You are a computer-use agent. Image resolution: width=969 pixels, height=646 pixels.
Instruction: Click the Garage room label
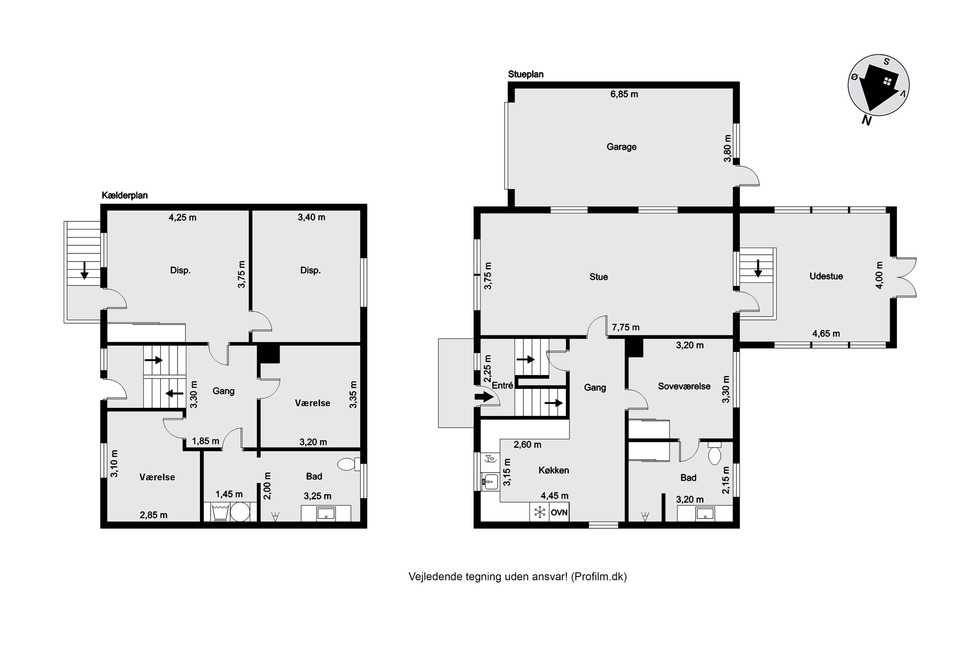621,147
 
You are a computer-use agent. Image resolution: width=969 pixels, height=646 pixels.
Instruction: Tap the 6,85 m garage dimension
624,94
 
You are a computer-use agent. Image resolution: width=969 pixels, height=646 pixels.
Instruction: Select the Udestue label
826,276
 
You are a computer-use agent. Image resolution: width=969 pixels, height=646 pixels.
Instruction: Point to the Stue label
599,277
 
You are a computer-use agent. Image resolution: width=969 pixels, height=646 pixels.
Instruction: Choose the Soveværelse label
684,386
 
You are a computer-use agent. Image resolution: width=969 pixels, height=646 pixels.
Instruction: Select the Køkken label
554,470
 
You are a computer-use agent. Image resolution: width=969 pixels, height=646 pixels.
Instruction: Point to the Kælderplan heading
124,195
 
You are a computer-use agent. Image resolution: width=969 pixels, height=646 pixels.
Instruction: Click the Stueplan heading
526,74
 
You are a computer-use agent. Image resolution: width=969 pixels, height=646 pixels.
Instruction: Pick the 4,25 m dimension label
182,217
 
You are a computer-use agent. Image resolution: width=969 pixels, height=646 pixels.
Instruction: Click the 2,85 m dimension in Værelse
154,515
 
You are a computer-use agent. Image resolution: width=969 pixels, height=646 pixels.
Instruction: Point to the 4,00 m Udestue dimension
879,275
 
